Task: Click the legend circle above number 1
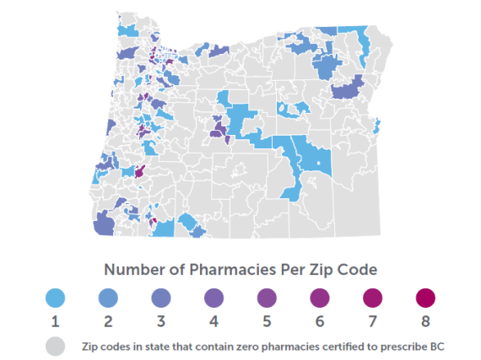pyautogui.click(x=55, y=298)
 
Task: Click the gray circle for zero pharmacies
pyautogui.click(x=55, y=345)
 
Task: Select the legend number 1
pyautogui.click(x=55, y=322)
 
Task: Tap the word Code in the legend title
pyautogui.click(x=358, y=270)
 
